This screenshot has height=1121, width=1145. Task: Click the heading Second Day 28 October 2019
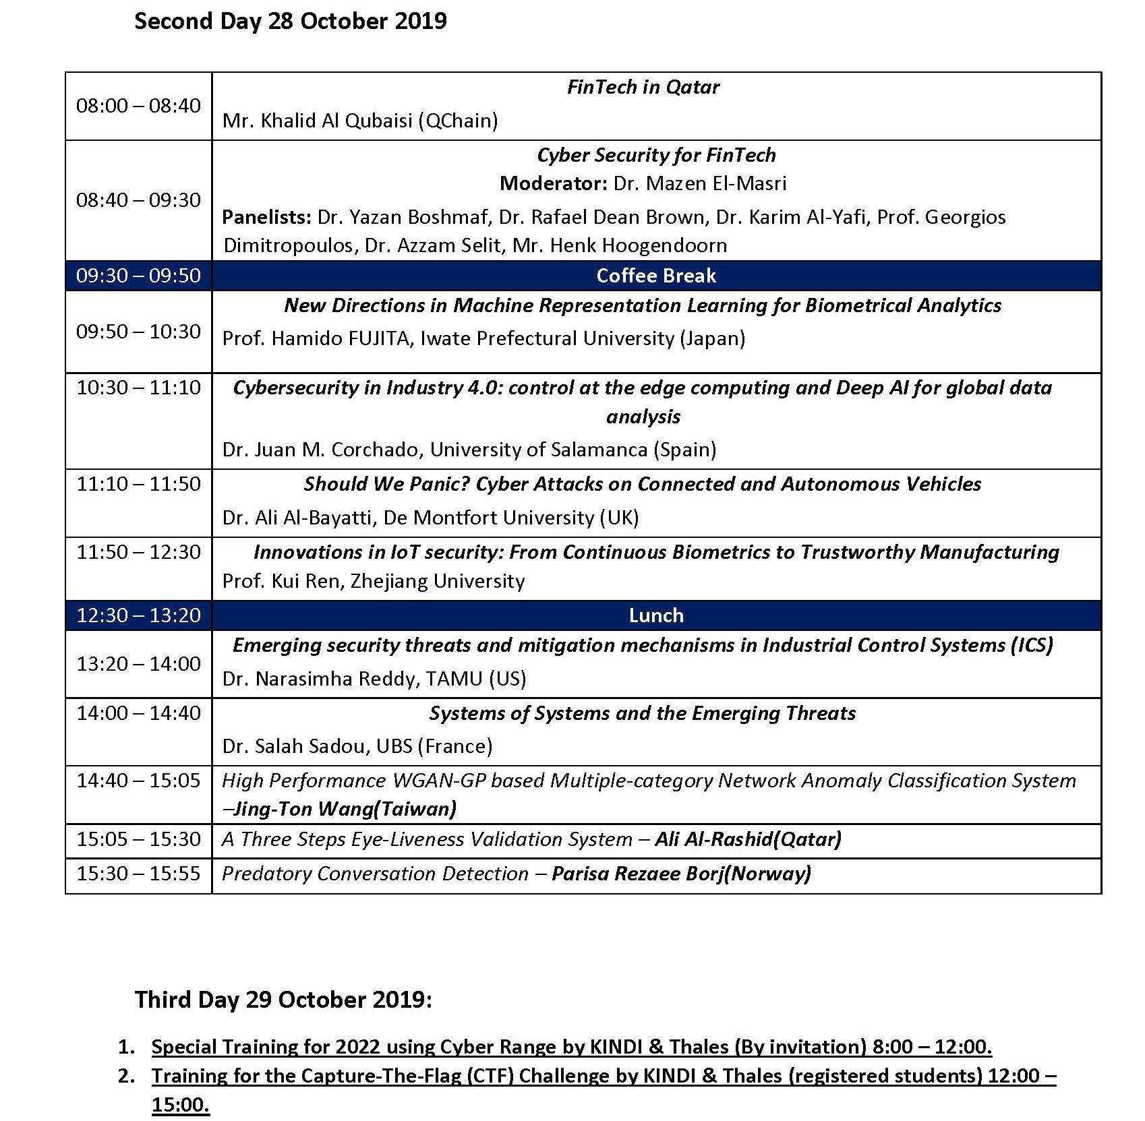point(290,21)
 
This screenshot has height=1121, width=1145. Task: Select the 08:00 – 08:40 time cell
point(138,106)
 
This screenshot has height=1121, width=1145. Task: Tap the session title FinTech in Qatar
point(643,87)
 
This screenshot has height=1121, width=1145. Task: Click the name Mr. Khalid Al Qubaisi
point(318,121)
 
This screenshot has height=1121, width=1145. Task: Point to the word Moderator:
point(553,183)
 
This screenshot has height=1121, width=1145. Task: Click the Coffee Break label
point(656,276)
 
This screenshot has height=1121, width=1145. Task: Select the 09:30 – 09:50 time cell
point(138,276)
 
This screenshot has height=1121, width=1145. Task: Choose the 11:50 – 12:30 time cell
point(138,552)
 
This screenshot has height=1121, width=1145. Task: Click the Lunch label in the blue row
point(656,615)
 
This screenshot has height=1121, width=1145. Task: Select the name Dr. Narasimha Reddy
point(320,679)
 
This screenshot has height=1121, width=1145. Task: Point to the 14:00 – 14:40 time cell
point(138,713)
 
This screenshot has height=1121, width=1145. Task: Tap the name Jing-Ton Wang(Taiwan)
point(344,809)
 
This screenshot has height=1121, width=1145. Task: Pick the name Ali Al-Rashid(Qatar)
point(748,839)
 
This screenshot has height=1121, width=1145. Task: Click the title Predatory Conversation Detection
point(375,874)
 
